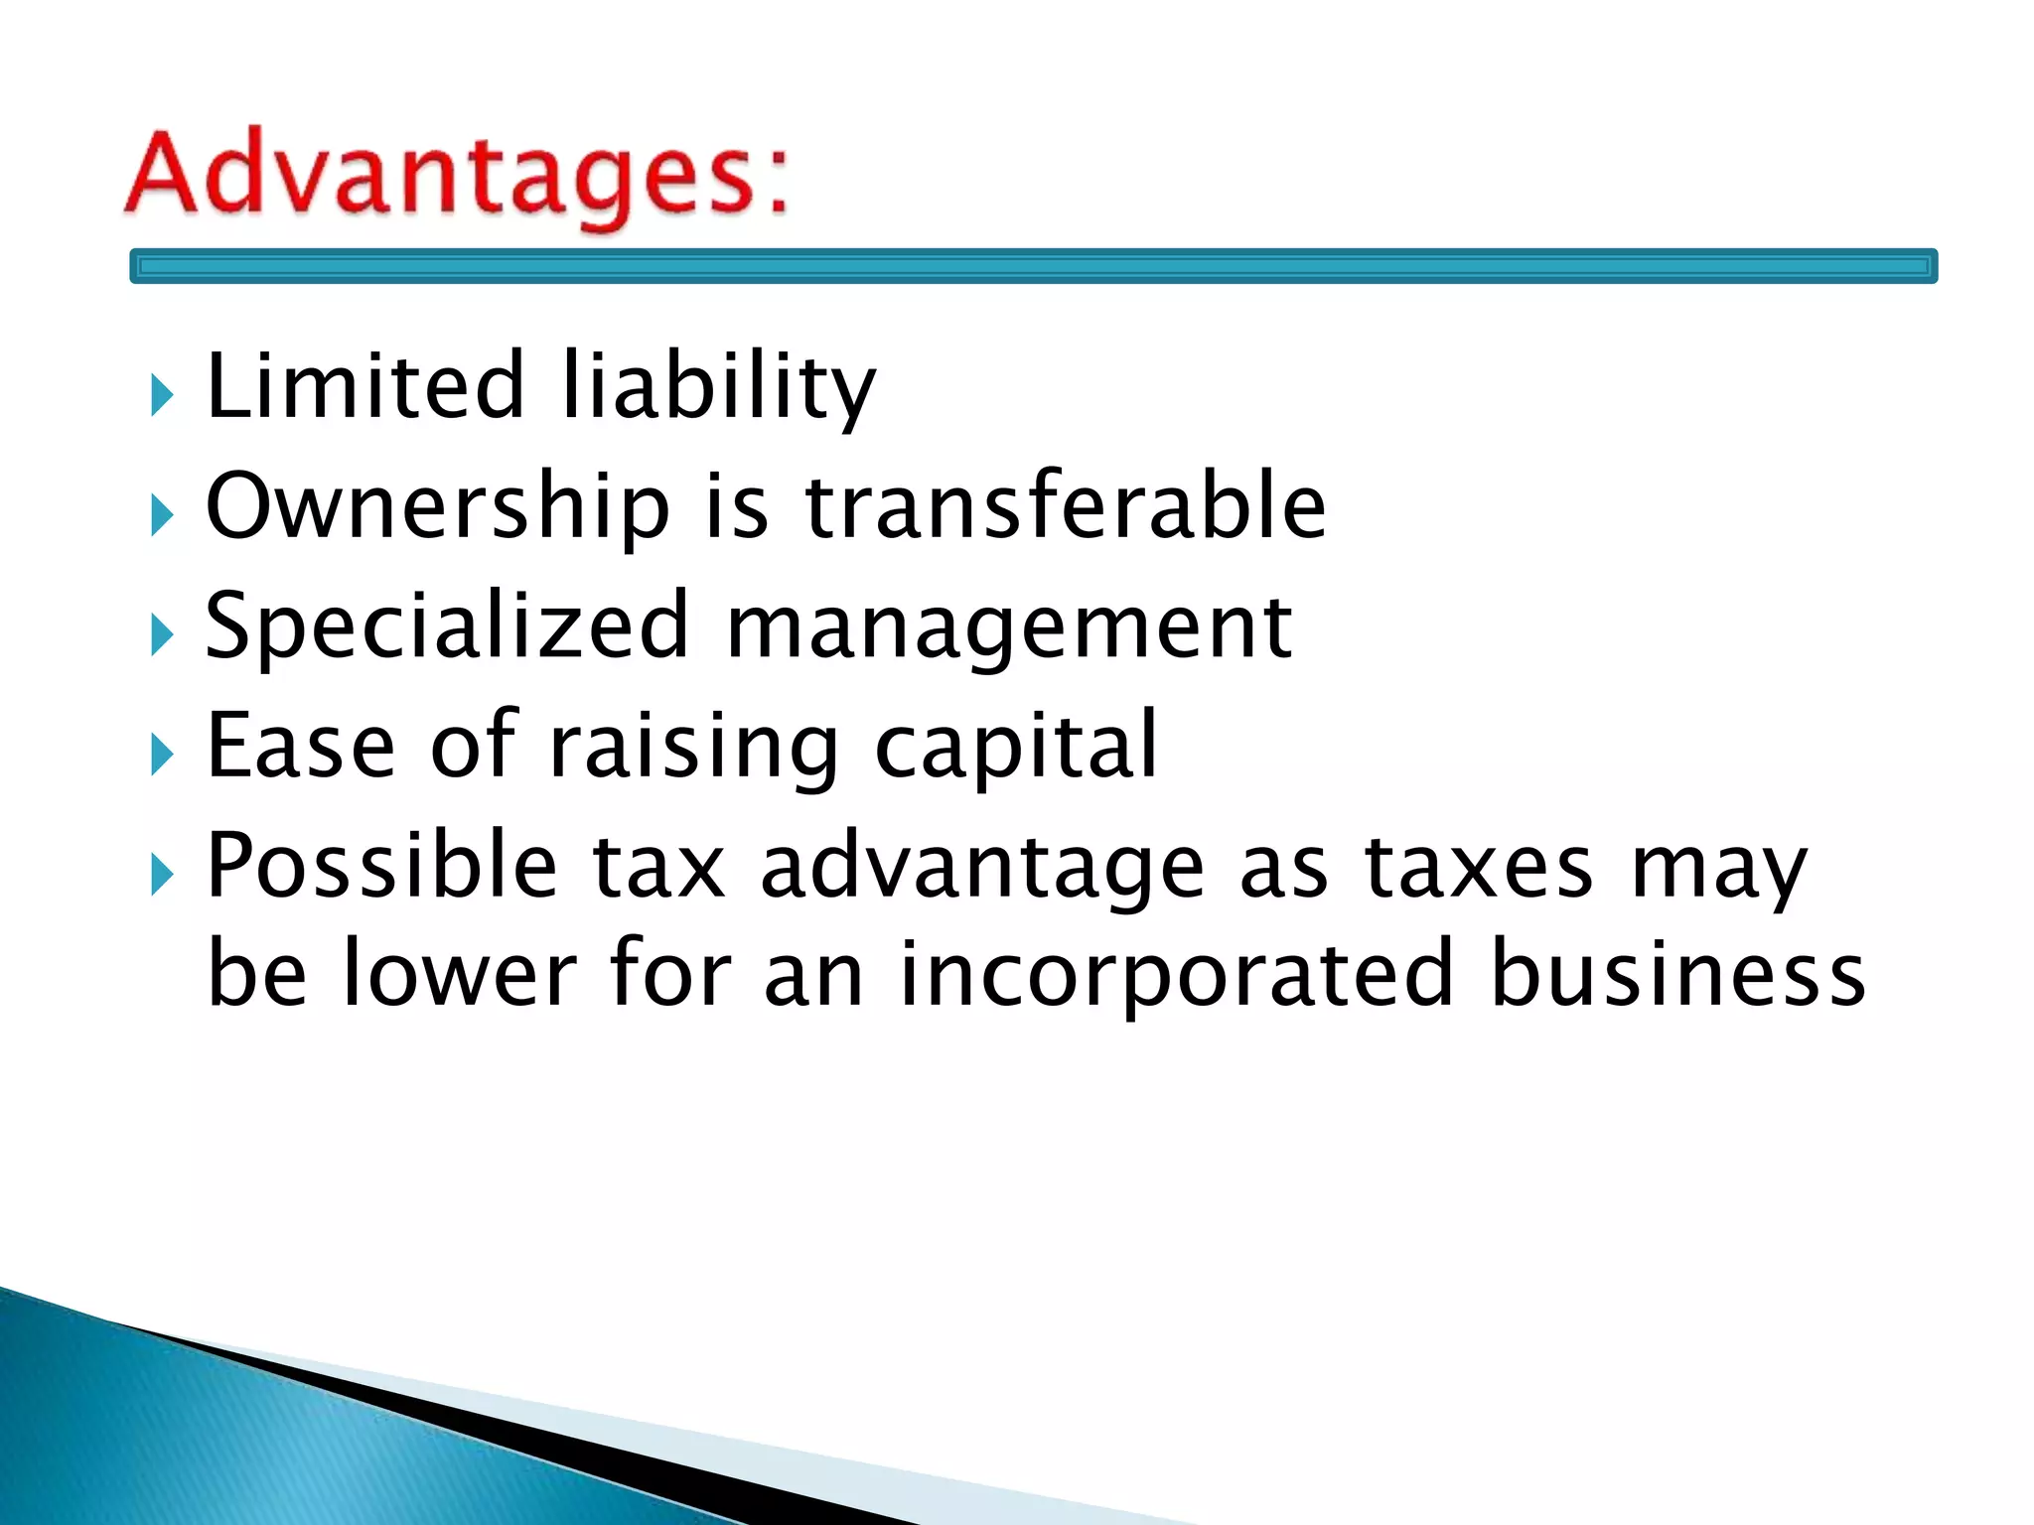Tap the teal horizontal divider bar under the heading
pyautogui.click(x=1033, y=266)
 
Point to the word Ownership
pyautogui.click(x=438, y=507)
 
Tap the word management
pyautogui.click(x=1009, y=627)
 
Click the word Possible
pyautogui.click(x=381, y=866)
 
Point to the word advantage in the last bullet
pyautogui.click(x=982, y=868)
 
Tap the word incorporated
pyautogui.click(x=1176, y=975)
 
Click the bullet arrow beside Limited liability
pyautogui.click(x=162, y=395)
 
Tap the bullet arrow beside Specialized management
pyautogui.click(x=162, y=635)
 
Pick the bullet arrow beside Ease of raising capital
pyautogui.click(x=162, y=755)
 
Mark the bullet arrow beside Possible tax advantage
pyautogui.click(x=162, y=875)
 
